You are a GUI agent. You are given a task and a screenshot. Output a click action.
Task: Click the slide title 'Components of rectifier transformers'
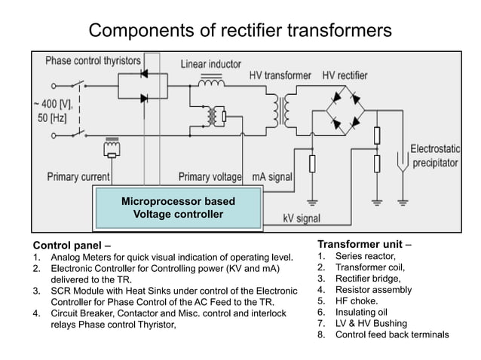click(240, 30)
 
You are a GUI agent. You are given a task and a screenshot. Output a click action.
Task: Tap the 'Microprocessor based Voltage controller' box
click(178, 208)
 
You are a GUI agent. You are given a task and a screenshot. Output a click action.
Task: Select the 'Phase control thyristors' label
click(93, 59)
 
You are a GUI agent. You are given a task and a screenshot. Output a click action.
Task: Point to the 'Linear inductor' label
click(211, 64)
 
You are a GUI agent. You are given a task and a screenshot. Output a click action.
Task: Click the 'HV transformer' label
click(280, 76)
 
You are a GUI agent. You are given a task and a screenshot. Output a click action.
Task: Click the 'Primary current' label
click(78, 177)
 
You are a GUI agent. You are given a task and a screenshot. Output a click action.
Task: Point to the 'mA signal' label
click(271, 177)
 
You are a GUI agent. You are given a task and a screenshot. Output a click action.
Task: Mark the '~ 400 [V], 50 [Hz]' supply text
click(51, 111)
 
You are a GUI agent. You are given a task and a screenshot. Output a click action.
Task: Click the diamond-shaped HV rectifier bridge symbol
click(342, 108)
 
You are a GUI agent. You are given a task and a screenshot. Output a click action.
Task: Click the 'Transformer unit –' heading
click(364, 244)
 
